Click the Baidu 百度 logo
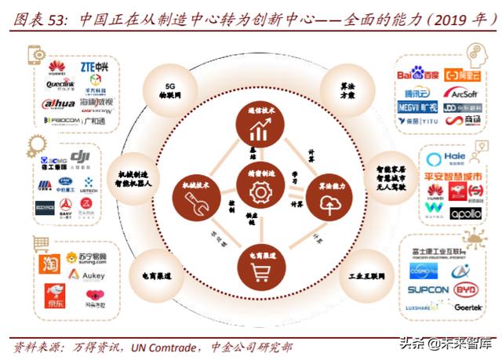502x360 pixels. click(418, 76)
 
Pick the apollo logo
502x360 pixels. click(465, 213)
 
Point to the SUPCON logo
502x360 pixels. click(427, 289)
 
